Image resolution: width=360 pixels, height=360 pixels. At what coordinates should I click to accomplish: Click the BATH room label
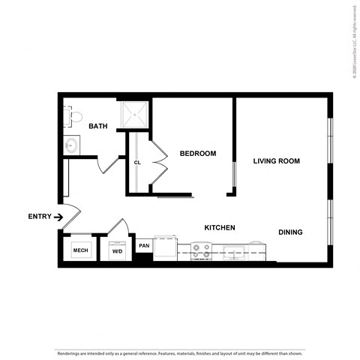98,126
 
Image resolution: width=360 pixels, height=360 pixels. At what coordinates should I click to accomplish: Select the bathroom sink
71,145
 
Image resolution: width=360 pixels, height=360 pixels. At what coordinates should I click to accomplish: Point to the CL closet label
137,162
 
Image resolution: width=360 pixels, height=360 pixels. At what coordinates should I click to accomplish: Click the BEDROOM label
197,154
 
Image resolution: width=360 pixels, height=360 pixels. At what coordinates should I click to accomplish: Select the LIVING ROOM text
276,160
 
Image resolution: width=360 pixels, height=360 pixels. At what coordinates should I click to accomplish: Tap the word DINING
290,232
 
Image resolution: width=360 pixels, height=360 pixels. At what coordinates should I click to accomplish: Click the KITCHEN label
220,227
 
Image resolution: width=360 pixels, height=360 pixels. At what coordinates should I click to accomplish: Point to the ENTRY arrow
58,217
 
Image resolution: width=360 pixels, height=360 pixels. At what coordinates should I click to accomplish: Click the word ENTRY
40,217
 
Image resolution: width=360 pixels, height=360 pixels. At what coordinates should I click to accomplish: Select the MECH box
79,250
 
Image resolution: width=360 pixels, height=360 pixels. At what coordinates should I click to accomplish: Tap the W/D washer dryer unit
117,250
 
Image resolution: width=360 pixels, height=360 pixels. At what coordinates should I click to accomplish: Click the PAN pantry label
144,244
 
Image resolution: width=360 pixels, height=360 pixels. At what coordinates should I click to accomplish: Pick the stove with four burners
201,250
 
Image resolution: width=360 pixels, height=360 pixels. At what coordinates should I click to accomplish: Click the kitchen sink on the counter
233,252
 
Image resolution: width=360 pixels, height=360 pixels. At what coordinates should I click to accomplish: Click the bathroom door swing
110,163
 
